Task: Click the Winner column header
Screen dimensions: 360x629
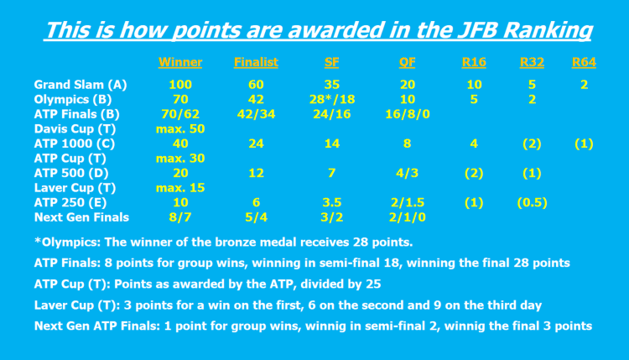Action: click(x=179, y=62)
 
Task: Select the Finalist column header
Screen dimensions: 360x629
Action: click(x=256, y=62)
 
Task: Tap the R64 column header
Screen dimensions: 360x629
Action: click(x=584, y=62)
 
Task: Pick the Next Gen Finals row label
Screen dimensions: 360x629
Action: click(x=81, y=217)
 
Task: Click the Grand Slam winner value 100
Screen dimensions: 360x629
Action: click(x=179, y=85)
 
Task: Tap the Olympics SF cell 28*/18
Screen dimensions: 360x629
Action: click(x=331, y=100)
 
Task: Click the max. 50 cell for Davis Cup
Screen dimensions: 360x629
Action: click(x=180, y=129)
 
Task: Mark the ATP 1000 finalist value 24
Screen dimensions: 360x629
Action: click(x=256, y=143)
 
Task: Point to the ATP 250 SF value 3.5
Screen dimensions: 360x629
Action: click(x=331, y=202)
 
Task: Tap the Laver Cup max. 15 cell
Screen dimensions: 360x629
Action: click(x=180, y=188)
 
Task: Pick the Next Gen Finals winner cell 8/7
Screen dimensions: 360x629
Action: click(x=179, y=217)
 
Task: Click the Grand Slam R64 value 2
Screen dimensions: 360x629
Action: click(x=584, y=85)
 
